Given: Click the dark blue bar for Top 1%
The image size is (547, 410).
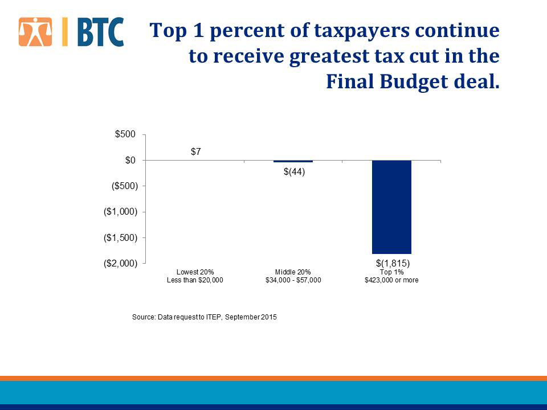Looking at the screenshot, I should (x=391, y=207).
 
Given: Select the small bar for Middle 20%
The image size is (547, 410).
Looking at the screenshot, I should (x=293, y=161).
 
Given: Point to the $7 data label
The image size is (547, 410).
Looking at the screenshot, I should (x=195, y=151).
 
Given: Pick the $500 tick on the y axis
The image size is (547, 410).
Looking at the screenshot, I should (x=125, y=134).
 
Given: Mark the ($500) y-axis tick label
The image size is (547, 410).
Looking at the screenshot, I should (x=121, y=186).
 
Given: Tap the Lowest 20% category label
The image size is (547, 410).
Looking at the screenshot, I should (x=195, y=272).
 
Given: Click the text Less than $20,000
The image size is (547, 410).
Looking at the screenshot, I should (x=195, y=280).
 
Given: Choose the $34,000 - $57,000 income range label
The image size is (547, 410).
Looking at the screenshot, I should (x=293, y=280).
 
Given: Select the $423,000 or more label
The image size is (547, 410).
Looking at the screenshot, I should (x=391, y=280).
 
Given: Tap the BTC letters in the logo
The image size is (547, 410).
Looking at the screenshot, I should (x=99, y=32).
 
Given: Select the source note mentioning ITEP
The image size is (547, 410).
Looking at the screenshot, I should (x=204, y=317).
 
